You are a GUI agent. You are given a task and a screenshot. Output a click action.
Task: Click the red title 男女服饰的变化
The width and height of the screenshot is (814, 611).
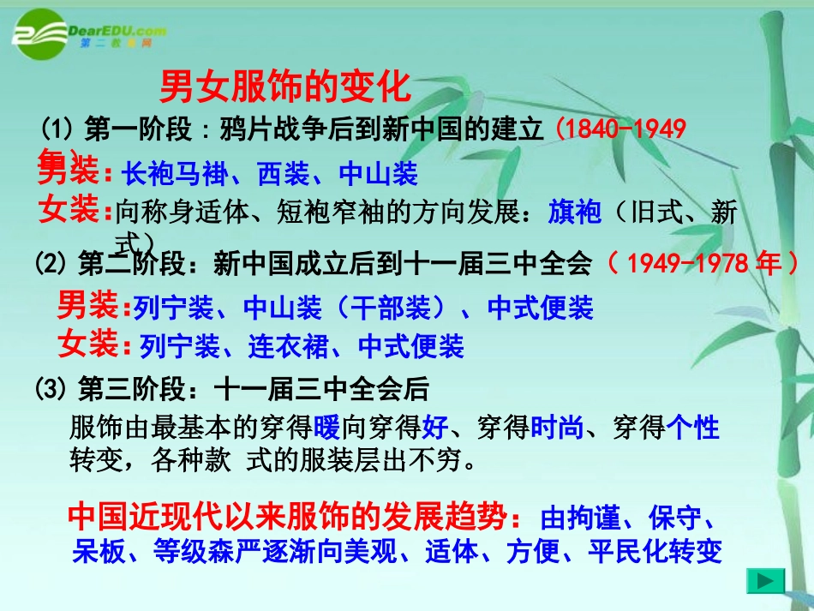tap(286, 87)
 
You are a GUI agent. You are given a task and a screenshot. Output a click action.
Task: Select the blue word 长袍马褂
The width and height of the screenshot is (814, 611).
tap(174, 174)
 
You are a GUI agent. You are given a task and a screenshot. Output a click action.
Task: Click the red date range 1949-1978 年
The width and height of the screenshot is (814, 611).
tap(703, 263)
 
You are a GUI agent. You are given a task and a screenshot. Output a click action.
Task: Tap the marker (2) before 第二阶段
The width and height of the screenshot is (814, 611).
tap(51, 264)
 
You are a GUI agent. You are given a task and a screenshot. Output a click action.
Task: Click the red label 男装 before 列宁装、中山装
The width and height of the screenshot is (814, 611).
tap(87, 304)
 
